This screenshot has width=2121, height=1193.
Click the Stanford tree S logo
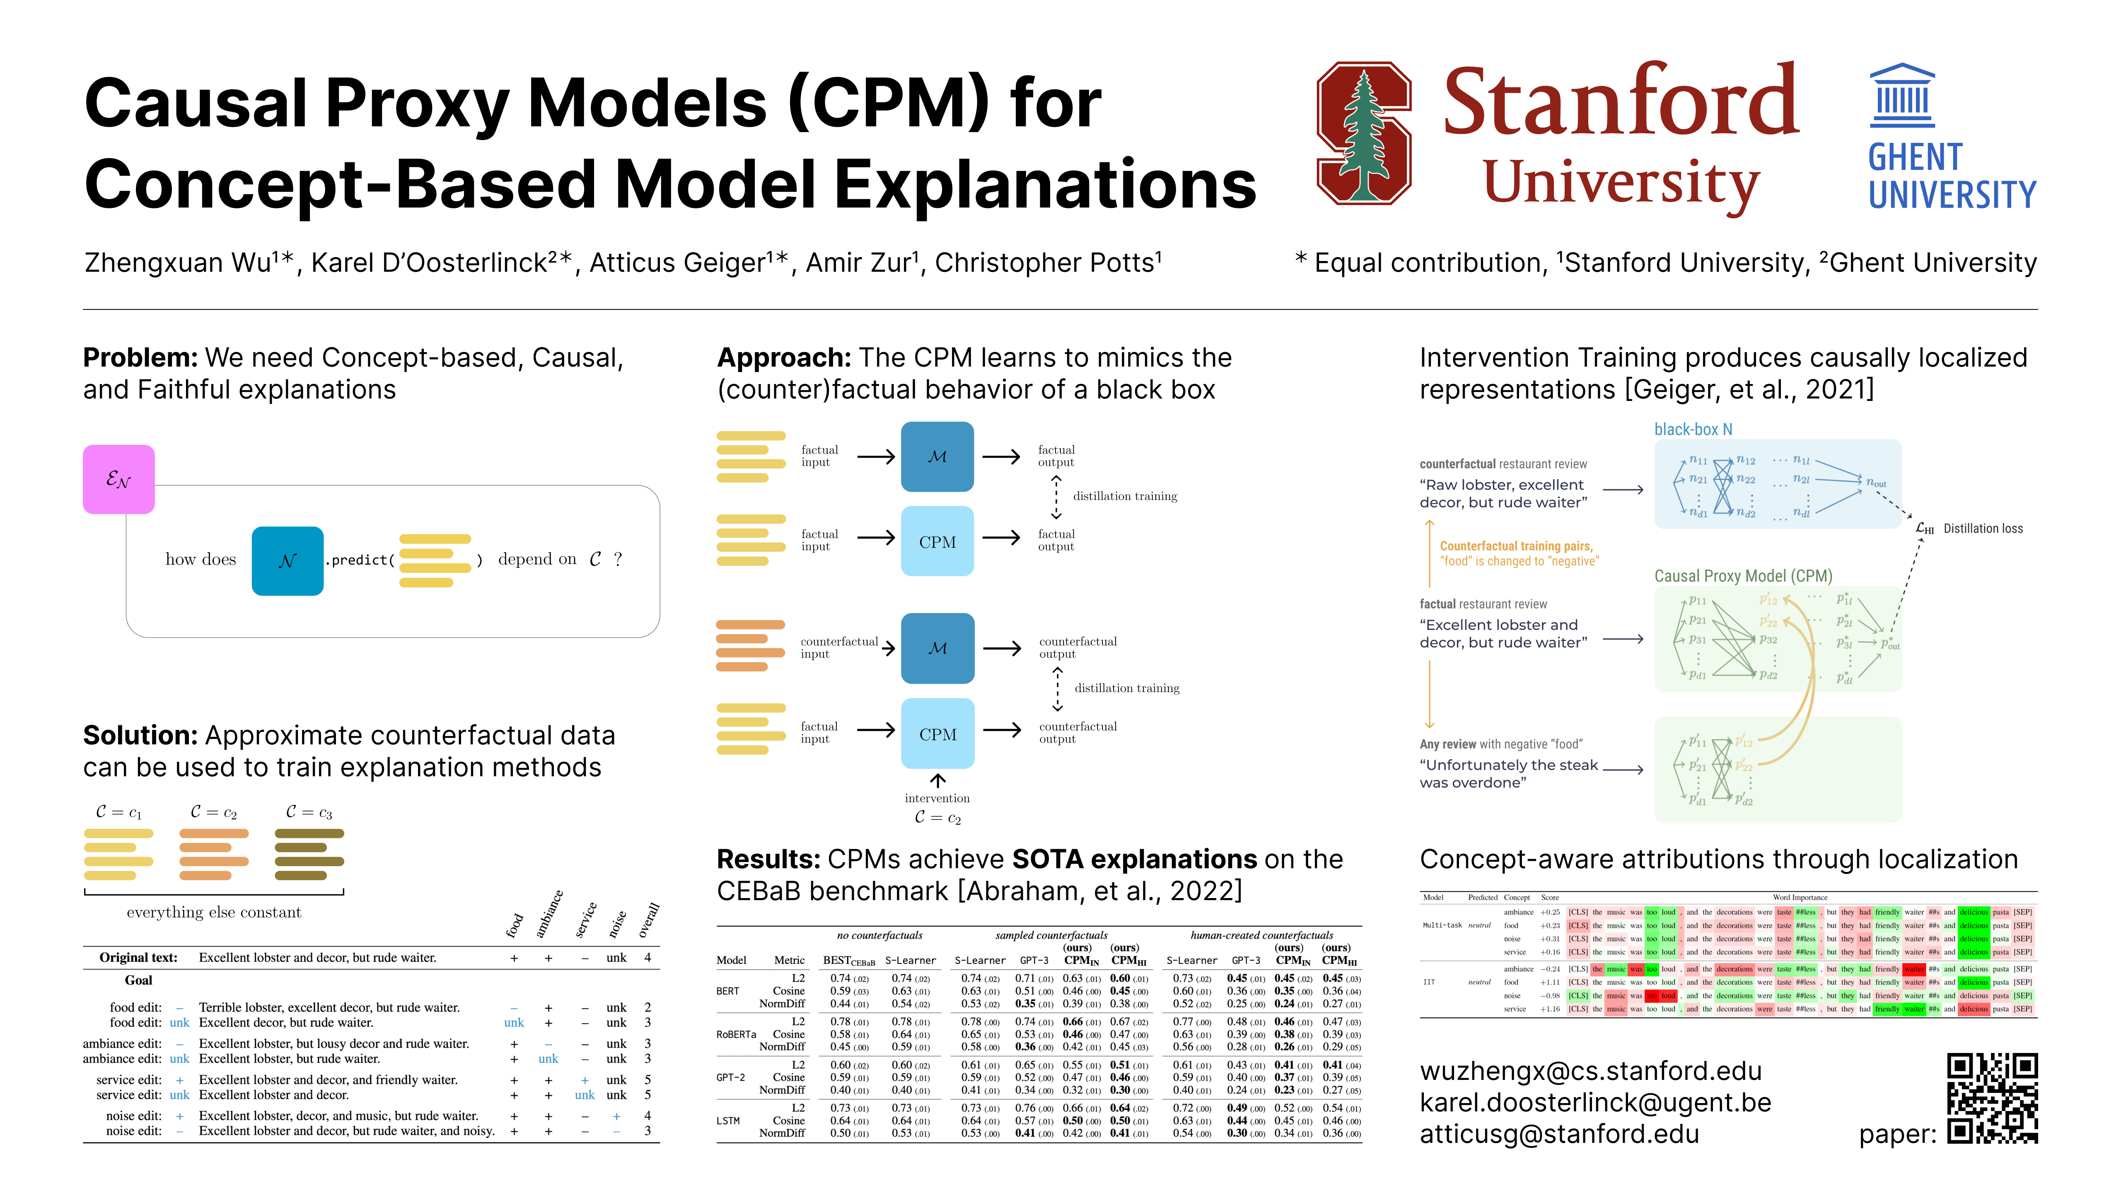(1363, 133)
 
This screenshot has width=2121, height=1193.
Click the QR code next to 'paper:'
(1992, 1098)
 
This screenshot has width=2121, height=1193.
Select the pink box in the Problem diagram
(118, 479)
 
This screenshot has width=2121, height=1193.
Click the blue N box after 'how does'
(287, 561)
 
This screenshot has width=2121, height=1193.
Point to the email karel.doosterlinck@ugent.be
(1595, 1102)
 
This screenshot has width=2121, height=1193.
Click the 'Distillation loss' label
(1983, 529)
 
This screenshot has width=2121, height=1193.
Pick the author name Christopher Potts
(1047, 263)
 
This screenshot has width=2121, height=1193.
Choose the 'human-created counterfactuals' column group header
(1261, 935)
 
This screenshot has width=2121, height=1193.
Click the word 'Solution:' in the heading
(139, 735)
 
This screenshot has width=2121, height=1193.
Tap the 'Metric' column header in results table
(789, 960)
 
